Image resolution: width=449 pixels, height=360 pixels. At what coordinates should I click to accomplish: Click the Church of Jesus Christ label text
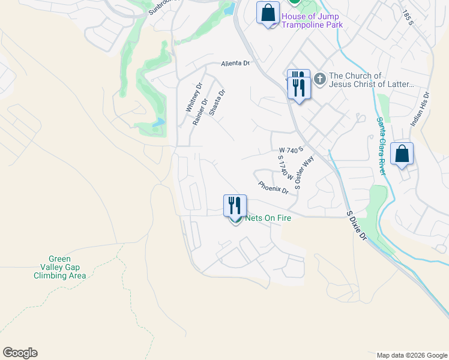point(372,80)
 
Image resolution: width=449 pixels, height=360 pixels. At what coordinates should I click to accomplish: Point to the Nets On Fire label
point(268,218)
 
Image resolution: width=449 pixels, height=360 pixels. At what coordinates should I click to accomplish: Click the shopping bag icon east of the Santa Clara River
point(402,154)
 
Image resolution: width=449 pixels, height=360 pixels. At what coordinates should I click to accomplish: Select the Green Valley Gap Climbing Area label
point(59,268)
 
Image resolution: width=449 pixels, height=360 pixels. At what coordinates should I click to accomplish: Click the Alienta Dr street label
point(235,63)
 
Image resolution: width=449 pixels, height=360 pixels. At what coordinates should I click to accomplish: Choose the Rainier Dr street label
point(200,112)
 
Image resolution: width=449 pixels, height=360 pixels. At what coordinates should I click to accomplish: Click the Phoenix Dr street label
point(273,188)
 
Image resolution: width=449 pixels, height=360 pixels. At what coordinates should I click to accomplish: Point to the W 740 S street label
point(292,149)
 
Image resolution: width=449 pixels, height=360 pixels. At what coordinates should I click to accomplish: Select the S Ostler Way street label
point(305,173)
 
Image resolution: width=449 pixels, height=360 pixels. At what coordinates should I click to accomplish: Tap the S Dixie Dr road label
point(356,226)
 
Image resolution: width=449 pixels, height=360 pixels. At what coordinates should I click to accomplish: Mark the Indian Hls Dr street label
point(420,109)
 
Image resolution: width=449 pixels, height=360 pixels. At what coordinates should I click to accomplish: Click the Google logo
point(20,353)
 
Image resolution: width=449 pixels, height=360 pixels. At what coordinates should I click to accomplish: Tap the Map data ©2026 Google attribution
point(411,355)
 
